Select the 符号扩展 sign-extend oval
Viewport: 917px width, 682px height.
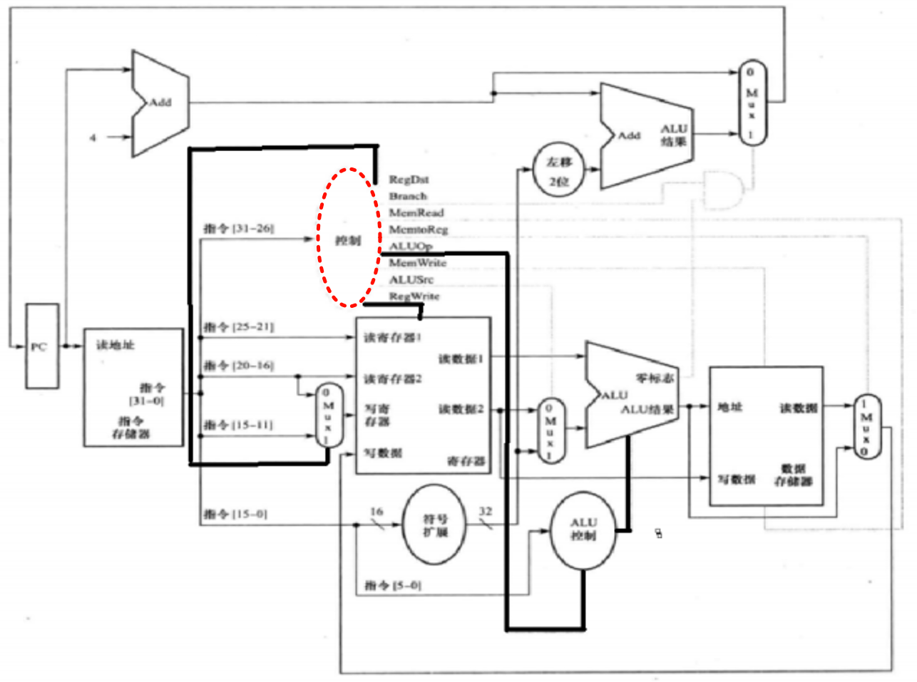tap(435, 525)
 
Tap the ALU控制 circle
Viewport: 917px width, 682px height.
tap(583, 529)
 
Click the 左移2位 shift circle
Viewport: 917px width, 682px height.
tap(558, 170)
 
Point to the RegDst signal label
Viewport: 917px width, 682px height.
tap(409, 180)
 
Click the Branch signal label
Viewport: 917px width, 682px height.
tap(408, 196)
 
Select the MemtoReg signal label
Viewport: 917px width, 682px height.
tap(418, 229)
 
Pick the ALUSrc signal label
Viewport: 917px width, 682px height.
tap(411, 279)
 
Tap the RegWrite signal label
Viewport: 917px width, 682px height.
tap(414, 296)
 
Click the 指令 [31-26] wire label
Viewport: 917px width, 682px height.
tap(238, 228)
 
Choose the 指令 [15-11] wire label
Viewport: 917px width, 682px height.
tap(237, 425)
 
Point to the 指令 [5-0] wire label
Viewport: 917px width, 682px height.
tap(392, 585)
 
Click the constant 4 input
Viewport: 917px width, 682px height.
tap(93, 137)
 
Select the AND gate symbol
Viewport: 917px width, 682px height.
tap(722, 190)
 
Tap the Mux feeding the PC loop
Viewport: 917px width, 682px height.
tap(752, 103)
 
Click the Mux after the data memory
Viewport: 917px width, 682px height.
tap(867, 426)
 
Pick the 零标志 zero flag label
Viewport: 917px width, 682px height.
tap(654, 377)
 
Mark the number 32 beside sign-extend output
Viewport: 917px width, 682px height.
tap(485, 511)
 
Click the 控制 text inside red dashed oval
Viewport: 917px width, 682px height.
tap(348, 240)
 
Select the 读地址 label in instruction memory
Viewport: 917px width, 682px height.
tap(115, 345)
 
